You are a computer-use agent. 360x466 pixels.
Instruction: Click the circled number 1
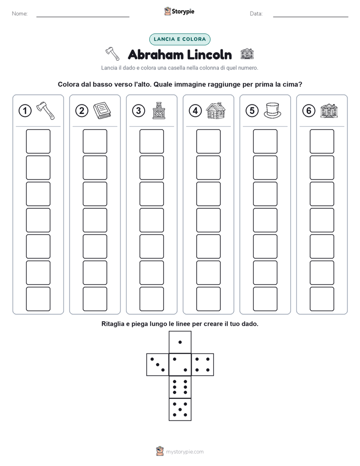tap(25, 111)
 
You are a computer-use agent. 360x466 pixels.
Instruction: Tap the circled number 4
tap(195, 111)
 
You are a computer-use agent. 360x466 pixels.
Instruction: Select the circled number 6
tap(309, 111)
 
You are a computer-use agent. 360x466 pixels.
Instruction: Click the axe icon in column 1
tap(45, 110)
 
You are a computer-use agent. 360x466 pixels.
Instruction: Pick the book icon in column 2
tap(102, 110)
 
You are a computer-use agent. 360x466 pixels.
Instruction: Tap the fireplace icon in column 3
tap(159, 110)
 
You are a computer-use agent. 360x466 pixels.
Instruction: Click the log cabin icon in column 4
tap(216, 110)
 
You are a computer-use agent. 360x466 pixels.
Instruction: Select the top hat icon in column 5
tap(272, 110)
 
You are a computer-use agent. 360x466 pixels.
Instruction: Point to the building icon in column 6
tap(329, 111)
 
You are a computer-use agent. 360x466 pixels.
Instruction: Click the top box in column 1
tap(38, 141)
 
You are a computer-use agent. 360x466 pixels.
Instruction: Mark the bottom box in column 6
tap(322, 299)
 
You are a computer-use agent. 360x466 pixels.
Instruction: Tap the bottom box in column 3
tap(151, 299)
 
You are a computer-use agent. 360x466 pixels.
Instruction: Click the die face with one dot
tap(180, 342)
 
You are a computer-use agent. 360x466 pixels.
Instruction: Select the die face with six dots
tap(180, 387)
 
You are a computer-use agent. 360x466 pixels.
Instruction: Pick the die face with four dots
tap(203, 365)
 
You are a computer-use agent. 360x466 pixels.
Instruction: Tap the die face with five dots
tap(180, 410)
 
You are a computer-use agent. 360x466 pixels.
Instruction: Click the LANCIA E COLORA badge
tap(179, 39)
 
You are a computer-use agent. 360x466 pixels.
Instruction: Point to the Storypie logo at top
tap(179, 11)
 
